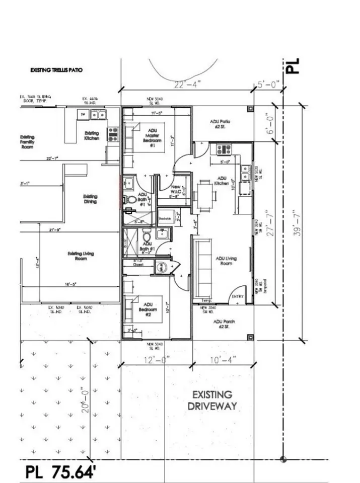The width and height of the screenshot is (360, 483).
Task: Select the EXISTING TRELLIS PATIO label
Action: pyautogui.click(x=56, y=70)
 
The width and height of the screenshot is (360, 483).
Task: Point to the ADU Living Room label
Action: pyautogui.click(x=226, y=261)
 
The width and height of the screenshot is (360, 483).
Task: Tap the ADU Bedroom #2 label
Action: pyautogui.click(x=148, y=307)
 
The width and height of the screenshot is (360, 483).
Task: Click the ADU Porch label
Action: pyautogui.click(x=224, y=324)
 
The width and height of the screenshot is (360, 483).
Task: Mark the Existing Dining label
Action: pyautogui.click(x=91, y=199)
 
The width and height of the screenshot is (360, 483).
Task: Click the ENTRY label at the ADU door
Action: pyautogui.click(x=237, y=297)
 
